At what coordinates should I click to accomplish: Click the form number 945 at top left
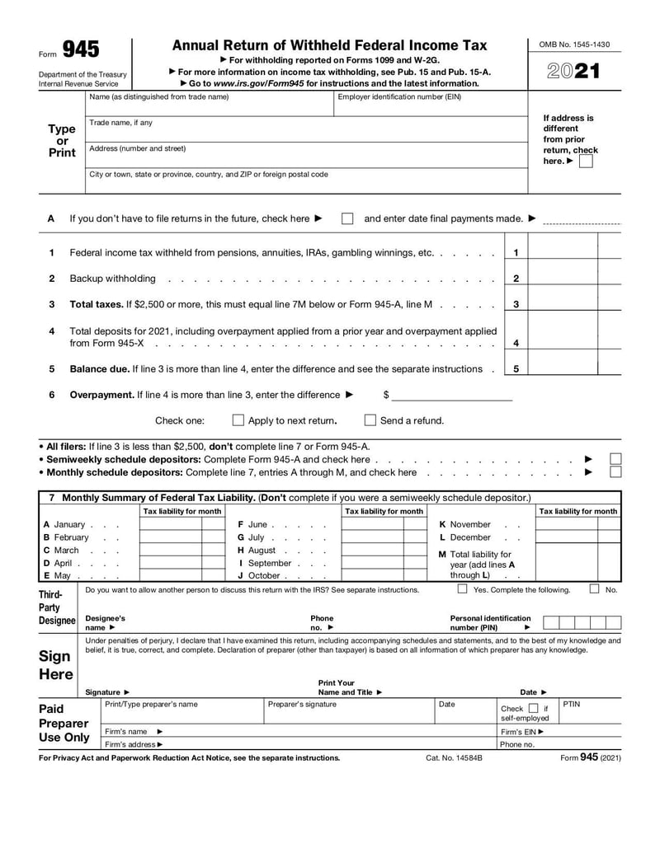(x=81, y=49)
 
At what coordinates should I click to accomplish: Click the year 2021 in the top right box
(x=573, y=71)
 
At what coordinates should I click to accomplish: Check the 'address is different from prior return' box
(x=585, y=162)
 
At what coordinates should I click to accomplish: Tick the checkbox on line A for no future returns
(x=347, y=219)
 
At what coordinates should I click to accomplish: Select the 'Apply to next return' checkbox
(x=238, y=420)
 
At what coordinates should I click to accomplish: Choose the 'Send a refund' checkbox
(x=370, y=420)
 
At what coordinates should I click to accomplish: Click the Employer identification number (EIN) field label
(x=399, y=97)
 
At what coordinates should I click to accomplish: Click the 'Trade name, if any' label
(x=120, y=123)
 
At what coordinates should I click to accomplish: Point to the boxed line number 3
(x=516, y=304)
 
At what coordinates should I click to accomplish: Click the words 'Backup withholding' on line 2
(x=112, y=279)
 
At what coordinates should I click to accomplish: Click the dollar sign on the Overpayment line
(x=385, y=395)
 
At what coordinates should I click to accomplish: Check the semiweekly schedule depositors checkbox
(x=615, y=459)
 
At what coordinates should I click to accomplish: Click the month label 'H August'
(x=257, y=551)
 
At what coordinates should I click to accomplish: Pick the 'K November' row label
(x=465, y=525)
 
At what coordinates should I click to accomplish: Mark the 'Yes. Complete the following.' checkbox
(x=462, y=589)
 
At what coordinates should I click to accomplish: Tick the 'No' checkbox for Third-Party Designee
(x=594, y=589)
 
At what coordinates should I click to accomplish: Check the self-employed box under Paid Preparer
(x=533, y=708)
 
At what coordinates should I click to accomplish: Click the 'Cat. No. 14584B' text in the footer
(x=454, y=757)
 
